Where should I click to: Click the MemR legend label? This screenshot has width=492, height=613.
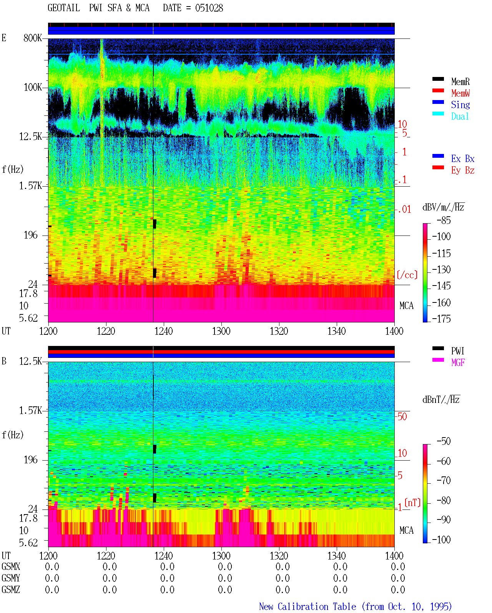(460, 82)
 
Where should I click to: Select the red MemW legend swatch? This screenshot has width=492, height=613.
(438, 90)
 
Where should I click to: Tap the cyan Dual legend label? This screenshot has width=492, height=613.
(460, 116)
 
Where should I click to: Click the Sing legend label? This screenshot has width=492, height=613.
(460, 105)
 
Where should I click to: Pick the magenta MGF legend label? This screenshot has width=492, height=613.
(458, 362)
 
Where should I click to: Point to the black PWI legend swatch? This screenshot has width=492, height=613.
(438, 348)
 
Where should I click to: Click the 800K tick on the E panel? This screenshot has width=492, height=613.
(33, 38)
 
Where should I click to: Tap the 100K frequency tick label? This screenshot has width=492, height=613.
(33, 87)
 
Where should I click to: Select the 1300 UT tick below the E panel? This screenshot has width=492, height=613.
(221, 331)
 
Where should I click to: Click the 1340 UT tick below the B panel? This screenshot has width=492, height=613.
(337, 556)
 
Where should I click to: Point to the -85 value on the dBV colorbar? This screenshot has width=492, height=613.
(444, 220)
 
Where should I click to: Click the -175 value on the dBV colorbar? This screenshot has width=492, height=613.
(441, 319)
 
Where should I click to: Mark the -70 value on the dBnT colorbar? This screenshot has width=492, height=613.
(444, 481)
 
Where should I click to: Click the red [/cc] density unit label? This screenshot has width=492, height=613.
(407, 275)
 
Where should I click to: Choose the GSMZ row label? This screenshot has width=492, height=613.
(11, 590)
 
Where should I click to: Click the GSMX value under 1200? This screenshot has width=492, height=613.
(52, 566)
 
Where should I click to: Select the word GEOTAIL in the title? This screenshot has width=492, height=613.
(64, 8)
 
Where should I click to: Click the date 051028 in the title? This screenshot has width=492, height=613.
(209, 8)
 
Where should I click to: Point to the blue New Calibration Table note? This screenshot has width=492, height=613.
(356, 606)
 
